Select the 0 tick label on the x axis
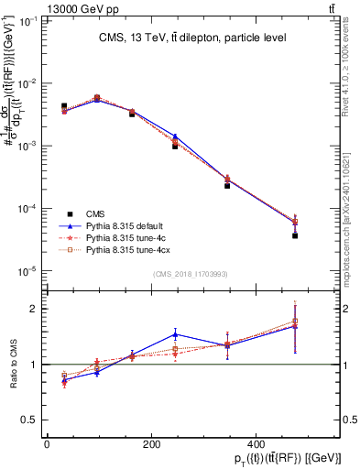46,445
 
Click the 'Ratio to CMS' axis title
13,364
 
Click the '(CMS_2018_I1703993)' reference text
191,275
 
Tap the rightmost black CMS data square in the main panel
295,235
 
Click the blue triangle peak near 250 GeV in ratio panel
175,334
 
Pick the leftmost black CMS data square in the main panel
63,106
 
